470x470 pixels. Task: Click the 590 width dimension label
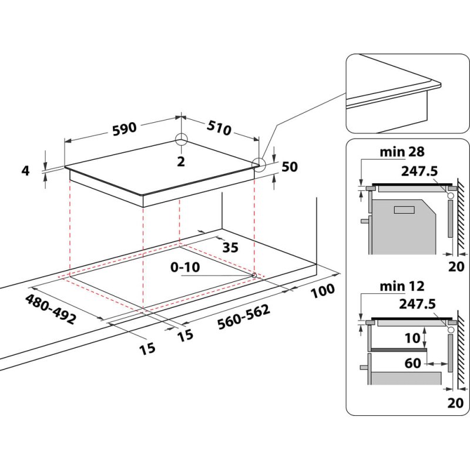click(x=124, y=127)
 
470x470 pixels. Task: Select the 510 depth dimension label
click(x=219, y=129)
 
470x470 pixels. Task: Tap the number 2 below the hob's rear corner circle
click(x=181, y=161)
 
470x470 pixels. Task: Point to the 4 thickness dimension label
click(x=25, y=171)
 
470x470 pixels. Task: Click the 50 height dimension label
click(x=290, y=167)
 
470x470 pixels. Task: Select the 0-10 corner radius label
click(x=184, y=267)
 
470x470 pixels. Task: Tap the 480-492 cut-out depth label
click(x=51, y=310)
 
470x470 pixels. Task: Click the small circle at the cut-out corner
click(x=254, y=275)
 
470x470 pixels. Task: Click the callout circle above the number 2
click(x=181, y=140)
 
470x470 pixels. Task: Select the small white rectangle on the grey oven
click(x=404, y=210)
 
